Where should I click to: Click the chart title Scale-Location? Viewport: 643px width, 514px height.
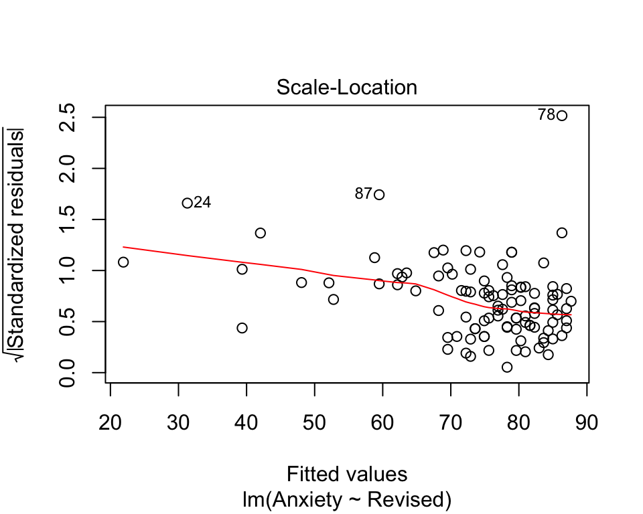click(347, 88)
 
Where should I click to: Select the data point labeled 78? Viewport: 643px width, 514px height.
click(562, 116)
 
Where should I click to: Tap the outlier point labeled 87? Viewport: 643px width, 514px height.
click(380, 195)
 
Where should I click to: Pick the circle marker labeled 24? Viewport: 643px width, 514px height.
click(188, 203)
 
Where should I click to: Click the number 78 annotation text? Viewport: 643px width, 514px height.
click(547, 115)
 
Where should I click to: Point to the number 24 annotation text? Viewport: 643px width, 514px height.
click(202, 203)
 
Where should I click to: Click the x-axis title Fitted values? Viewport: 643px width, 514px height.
click(347, 475)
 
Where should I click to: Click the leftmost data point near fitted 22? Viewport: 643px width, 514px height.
click(123, 262)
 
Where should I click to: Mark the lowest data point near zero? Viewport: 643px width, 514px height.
click(507, 367)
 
